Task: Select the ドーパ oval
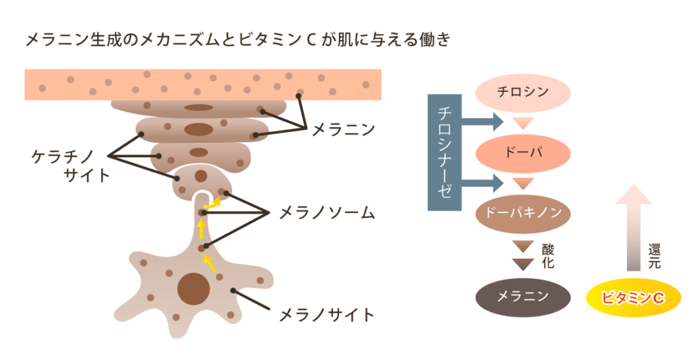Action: click(x=522, y=151)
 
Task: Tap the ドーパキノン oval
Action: click(x=522, y=212)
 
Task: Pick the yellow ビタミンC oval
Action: click(x=633, y=297)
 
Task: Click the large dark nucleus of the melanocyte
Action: click(x=193, y=289)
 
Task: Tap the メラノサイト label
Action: click(x=327, y=316)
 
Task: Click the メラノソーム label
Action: click(x=327, y=213)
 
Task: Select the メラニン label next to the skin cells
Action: click(x=343, y=129)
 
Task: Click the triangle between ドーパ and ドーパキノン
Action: click(x=523, y=183)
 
